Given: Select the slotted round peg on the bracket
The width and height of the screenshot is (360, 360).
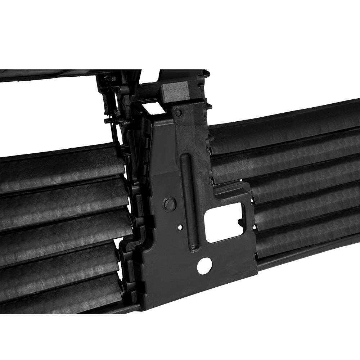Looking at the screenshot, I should click(170, 204).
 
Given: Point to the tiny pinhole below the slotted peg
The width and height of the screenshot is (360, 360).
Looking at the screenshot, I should click(180, 227).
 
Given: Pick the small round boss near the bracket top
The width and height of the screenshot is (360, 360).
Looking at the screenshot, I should click(179, 113).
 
